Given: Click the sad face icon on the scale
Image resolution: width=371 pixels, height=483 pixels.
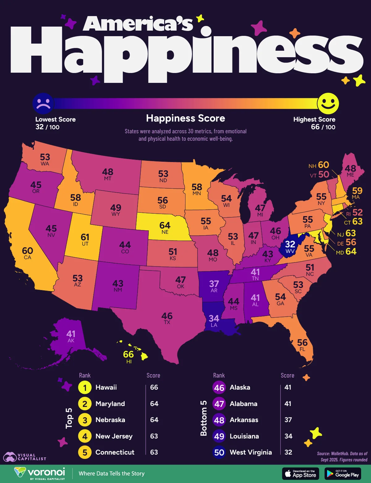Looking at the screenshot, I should coord(43,103).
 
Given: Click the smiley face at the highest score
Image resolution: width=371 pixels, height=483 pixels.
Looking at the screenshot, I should coord(328,103).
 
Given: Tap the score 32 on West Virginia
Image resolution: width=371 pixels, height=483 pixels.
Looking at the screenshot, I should coord(290,245).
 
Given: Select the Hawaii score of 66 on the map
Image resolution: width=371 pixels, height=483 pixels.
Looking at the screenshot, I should coord(128,354).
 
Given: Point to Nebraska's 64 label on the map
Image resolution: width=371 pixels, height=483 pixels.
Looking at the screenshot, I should coord(165,225).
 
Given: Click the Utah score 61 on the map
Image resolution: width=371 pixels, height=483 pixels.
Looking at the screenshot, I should coord(85,237).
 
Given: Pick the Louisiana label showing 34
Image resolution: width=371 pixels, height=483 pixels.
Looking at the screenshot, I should coord(214,318).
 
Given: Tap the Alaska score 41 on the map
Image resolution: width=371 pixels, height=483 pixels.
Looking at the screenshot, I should coord(71,334).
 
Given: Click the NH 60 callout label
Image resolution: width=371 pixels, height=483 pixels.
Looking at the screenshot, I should coord(319,165).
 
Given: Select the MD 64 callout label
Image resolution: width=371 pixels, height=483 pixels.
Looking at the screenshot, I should coord(346,252).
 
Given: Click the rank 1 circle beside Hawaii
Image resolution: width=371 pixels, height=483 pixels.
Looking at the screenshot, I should coord(85,388).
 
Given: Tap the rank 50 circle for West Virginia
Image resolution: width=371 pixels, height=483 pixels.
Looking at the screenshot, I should coord(219,453).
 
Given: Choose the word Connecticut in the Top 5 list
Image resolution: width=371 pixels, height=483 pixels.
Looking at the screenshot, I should coord(115,452).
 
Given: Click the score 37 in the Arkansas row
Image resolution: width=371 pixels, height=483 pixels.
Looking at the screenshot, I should coord(288,420).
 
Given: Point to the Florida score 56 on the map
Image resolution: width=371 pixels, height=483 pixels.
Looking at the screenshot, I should coord(302,343).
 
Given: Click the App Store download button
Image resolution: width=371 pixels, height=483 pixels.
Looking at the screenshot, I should coord(301,474).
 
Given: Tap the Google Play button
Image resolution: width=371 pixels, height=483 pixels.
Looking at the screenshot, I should coord(343,474).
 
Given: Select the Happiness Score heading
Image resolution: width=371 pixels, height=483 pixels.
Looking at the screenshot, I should coord(185,118).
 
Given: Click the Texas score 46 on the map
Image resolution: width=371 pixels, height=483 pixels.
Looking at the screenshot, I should coord(167,316).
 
